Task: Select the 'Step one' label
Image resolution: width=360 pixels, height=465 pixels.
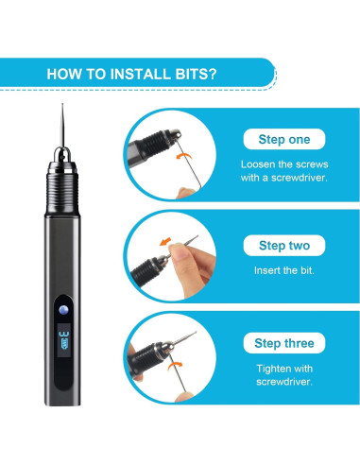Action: pos(284,139)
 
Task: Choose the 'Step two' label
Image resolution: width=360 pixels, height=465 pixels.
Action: pos(284,246)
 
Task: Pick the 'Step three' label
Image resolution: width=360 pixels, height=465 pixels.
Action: pos(284,343)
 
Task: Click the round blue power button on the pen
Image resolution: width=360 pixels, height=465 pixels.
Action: pos(63,310)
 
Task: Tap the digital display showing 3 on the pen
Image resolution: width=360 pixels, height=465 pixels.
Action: pos(64,339)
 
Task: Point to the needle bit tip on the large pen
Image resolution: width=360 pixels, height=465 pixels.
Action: pos(62,104)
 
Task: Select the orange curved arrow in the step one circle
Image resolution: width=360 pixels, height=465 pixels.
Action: pos(183,155)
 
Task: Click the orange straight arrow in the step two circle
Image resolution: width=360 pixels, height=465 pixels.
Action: pos(165,242)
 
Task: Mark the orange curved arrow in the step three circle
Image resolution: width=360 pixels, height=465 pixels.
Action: pos(175,365)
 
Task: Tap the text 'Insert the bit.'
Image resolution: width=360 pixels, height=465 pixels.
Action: pos(284,270)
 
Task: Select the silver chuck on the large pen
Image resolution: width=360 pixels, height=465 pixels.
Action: pos(62,155)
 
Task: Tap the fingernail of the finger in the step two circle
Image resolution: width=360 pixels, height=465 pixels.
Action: pos(179,251)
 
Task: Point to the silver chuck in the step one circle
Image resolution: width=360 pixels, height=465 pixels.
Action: pos(174,134)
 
